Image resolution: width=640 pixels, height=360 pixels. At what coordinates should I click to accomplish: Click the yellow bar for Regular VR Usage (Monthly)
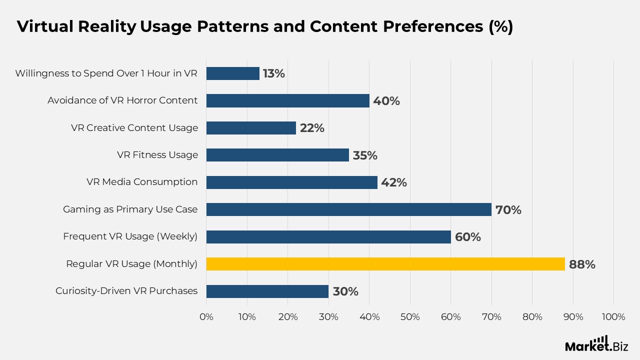(385, 264)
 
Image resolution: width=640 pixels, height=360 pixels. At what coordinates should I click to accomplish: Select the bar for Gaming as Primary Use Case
(348, 209)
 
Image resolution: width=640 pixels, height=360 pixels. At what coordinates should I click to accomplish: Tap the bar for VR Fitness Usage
(277, 155)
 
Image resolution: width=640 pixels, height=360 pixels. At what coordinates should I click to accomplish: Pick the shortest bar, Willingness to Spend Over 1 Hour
(232, 73)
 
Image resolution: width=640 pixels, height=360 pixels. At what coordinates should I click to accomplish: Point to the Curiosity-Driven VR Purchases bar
(267, 291)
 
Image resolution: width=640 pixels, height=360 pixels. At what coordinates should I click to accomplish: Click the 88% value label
(582, 264)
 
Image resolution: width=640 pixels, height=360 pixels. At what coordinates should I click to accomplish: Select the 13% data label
(273, 73)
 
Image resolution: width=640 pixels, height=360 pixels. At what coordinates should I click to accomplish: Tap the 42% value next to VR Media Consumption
(394, 182)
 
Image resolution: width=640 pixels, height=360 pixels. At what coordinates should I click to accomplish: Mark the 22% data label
(312, 128)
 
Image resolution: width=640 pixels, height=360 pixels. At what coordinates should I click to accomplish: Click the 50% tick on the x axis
(410, 317)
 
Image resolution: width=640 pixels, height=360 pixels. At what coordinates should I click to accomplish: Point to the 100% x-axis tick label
(613, 317)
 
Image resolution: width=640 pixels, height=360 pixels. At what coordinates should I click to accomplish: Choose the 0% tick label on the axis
(206, 317)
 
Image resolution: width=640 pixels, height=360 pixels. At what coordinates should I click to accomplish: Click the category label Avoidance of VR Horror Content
(122, 100)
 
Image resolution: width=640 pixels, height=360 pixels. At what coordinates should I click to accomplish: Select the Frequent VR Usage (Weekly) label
(130, 236)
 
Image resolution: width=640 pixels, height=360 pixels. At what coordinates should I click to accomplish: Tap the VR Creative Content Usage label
(134, 128)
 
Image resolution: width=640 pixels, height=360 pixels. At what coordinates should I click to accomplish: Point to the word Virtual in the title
(44, 27)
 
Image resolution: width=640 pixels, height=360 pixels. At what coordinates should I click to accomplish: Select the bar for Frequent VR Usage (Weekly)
(328, 236)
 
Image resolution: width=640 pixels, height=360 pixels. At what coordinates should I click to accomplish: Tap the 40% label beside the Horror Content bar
(386, 101)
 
